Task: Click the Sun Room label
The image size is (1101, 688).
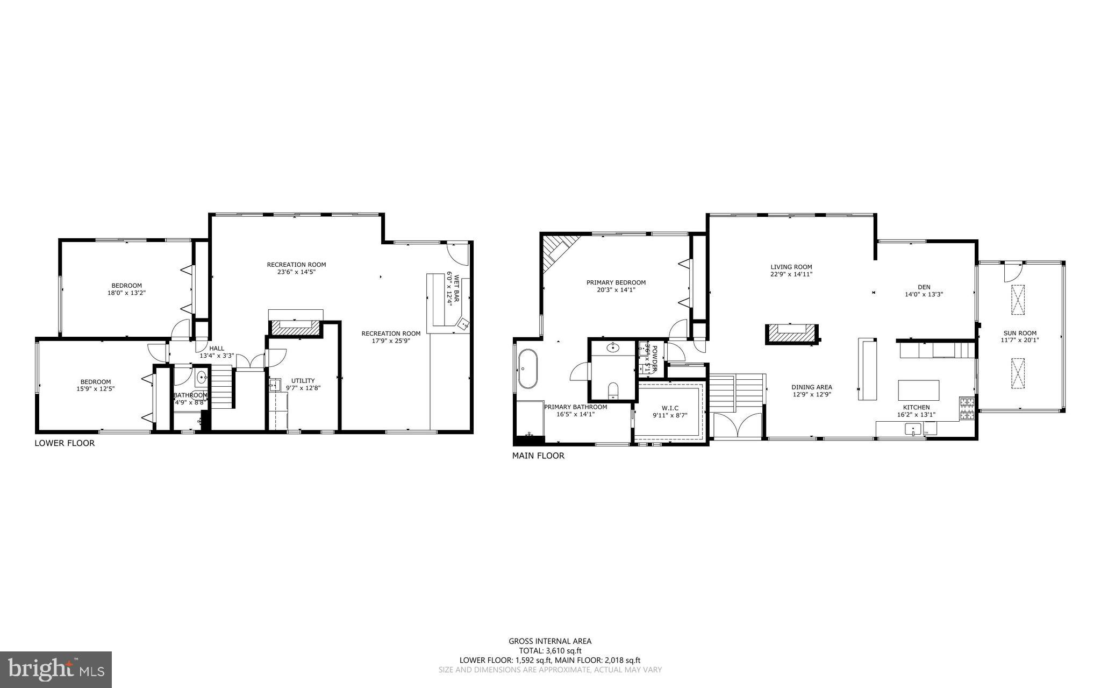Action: point(1019,333)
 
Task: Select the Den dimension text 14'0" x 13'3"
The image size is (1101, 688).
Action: point(924,294)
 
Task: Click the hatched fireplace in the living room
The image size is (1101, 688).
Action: point(791,334)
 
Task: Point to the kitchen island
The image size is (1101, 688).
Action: point(919,389)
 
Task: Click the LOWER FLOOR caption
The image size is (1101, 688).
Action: point(65,443)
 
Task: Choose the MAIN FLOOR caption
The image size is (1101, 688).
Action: point(538,456)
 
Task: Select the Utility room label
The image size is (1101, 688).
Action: point(303,380)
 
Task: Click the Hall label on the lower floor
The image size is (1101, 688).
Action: point(217,348)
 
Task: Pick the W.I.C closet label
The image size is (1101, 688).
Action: point(669,408)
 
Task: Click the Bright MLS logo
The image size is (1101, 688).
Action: point(56,669)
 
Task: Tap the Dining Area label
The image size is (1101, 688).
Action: point(812,387)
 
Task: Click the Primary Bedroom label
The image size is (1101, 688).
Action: point(616,282)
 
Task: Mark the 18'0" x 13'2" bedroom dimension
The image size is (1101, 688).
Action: point(126,293)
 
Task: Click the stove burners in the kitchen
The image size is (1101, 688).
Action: point(967,408)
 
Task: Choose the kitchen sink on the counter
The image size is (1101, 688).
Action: point(912,429)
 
